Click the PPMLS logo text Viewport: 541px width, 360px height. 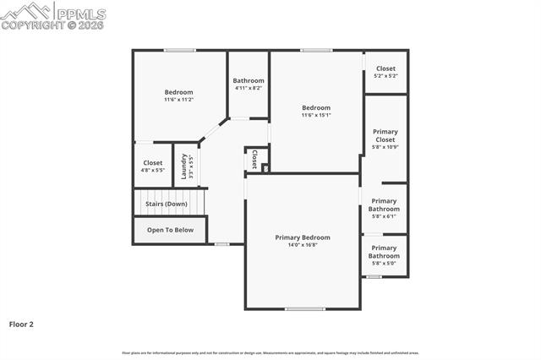pos(80,13)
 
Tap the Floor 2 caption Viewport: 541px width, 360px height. pos(21,324)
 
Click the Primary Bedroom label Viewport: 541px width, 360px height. pos(303,237)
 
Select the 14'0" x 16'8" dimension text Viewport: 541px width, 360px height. pos(303,245)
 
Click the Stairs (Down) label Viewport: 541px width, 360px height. pos(167,204)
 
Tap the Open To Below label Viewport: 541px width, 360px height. pos(170,230)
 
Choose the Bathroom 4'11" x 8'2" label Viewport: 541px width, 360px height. pos(249,84)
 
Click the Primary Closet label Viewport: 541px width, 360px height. pos(385,135)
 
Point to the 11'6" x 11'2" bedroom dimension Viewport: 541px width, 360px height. pos(178,100)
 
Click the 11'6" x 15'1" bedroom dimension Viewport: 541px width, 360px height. pos(316,115)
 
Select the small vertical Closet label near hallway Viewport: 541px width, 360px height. pos(254,159)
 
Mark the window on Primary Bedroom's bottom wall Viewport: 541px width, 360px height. pos(304,308)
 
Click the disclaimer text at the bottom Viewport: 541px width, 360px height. pos(270,352)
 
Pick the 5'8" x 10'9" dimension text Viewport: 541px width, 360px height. pos(385,147)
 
